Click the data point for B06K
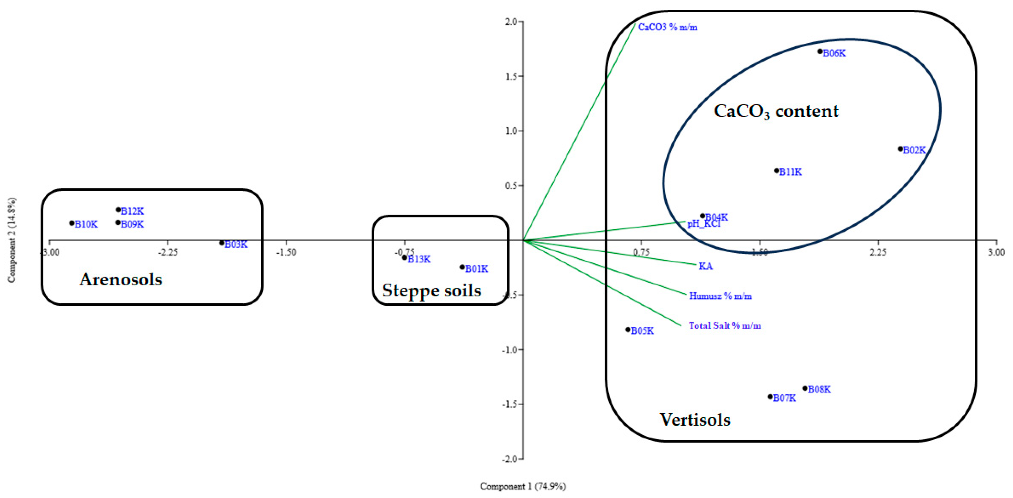point(820,52)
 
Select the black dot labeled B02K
point(900,149)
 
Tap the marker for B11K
point(777,171)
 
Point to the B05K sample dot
point(628,330)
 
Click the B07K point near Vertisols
point(770,397)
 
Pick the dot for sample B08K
point(805,388)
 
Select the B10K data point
point(72,223)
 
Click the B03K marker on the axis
point(222,243)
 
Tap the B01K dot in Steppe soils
point(463,267)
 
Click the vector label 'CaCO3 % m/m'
point(667,27)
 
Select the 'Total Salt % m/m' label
point(724,326)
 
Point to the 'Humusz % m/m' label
point(720,296)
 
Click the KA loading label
point(705,266)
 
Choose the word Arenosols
point(121,279)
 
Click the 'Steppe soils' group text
point(431,291)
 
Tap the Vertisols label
point(695,420)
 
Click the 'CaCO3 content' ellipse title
point(776,111)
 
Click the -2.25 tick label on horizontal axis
point(168,252)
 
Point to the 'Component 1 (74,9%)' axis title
point(523,486)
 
